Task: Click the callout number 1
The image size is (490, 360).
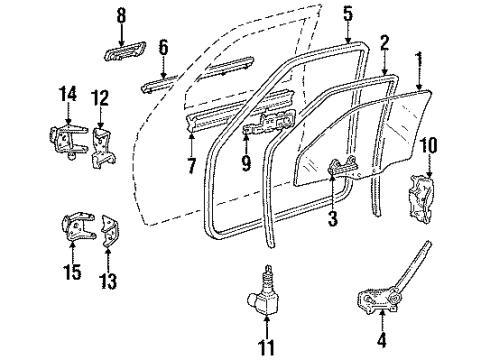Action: pos(420,57)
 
